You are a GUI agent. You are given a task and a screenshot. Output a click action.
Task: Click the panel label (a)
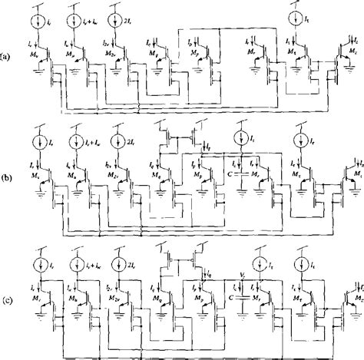coord(5,57)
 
